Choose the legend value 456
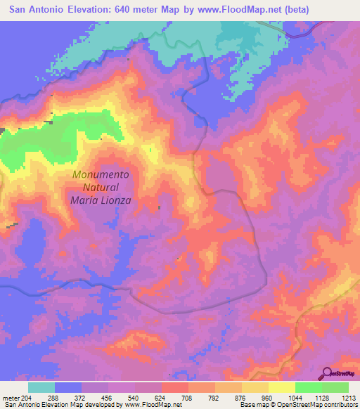pos(109,398)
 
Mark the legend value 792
pos(215,398)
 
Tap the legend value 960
pos(269,398)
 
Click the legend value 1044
pos(295,398)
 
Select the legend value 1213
pos(348,398)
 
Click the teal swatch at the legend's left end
pos(41,387)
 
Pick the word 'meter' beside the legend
pos(11,398)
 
